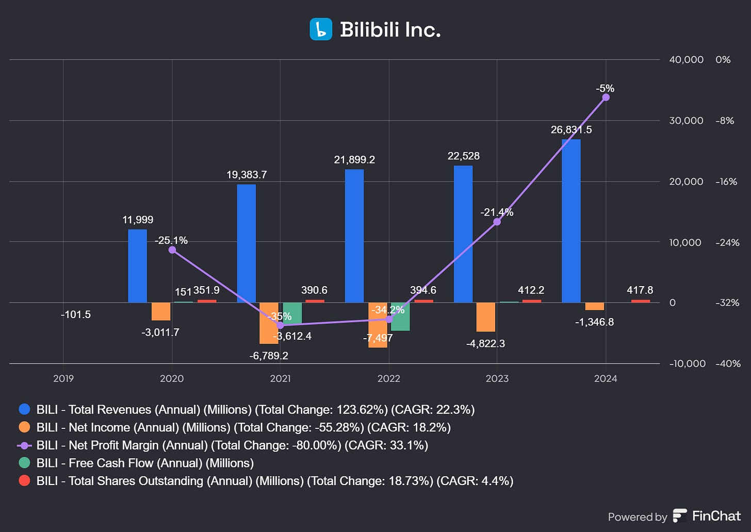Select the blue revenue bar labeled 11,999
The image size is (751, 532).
tap(137, 266)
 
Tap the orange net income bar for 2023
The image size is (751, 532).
tap(485, 317)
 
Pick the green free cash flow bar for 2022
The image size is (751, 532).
tap(400, 317)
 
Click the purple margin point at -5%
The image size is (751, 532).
tap(606, 97)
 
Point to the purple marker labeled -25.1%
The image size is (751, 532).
tap(172, 250)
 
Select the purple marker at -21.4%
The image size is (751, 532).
tap(497, 222)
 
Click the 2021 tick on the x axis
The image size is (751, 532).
tap(280, 378)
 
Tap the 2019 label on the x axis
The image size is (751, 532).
tap(63, 378)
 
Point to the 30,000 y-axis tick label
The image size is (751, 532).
tap(686, 121)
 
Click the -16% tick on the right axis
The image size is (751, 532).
tap(726, 181)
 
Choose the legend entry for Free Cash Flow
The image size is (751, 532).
tap(145, 463)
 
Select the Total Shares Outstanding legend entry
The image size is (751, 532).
tap(274, 480)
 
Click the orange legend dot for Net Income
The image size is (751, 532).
tap(24, 427)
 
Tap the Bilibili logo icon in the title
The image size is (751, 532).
tap(321, 29)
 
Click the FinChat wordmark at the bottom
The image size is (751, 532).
tap(716, 516)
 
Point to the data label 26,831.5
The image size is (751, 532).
tap(571, 130)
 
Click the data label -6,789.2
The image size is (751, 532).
tap(269, 356)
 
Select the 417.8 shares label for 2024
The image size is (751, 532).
tap(640, 290)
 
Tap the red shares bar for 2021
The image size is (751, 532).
tap(315, 301)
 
